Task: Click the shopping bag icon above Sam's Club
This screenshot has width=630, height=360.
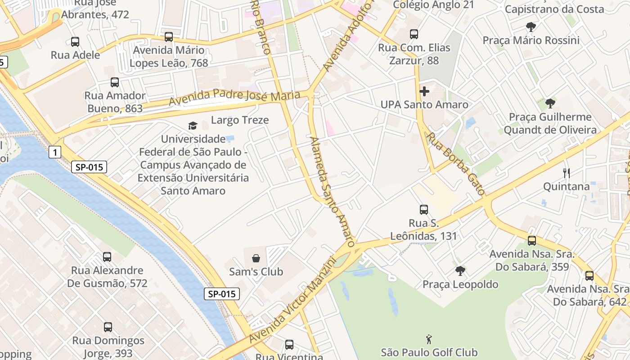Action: (256, 258)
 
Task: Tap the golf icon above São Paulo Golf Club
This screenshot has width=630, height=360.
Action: (429, 338)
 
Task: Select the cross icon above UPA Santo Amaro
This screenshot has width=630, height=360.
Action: (424, 91)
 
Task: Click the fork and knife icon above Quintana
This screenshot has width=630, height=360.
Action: (567, 173)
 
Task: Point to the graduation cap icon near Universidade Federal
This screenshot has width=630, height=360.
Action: (193, 126)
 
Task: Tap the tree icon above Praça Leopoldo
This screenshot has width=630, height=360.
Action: (460, 270)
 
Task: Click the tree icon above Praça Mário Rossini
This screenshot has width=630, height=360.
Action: (531, 27)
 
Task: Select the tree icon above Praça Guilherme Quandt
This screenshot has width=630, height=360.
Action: (550, 103)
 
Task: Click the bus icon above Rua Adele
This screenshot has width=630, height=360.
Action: (75, 41)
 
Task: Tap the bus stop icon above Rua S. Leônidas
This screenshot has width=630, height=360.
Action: (423, 209)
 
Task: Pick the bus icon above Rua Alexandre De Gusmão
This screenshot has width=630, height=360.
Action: (107, 256)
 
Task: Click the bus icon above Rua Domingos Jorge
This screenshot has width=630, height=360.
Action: (108, 327)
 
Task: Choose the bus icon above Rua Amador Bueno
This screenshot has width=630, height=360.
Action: (115, 82)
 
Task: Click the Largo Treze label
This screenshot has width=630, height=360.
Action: (240, 120)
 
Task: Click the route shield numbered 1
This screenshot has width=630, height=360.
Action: (54, 153)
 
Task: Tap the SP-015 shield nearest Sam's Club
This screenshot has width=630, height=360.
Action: (222, 294)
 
